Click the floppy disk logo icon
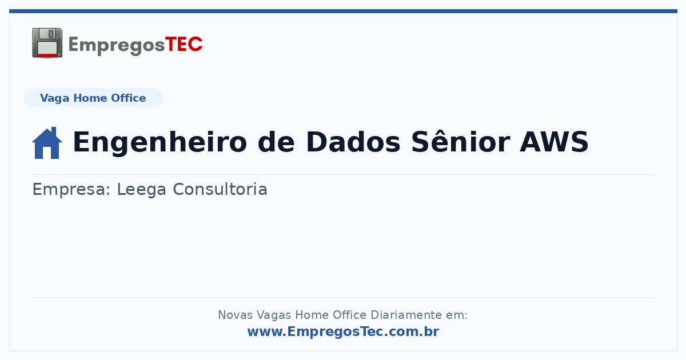pos(47,43)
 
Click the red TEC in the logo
pos(184,45)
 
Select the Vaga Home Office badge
pos(93,98)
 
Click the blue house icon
pos(47,143)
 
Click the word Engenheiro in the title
pos(160,142)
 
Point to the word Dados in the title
pos(353,142)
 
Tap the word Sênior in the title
pos(461,142)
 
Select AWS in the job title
pos(554,142)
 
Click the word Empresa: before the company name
pos(71,190)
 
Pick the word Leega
pos(142,190)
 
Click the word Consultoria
pos(220,189)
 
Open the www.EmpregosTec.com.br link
pos(344,331)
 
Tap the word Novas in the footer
pos(235,315)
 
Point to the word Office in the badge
pos(128,98)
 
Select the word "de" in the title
pos(276,142)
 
